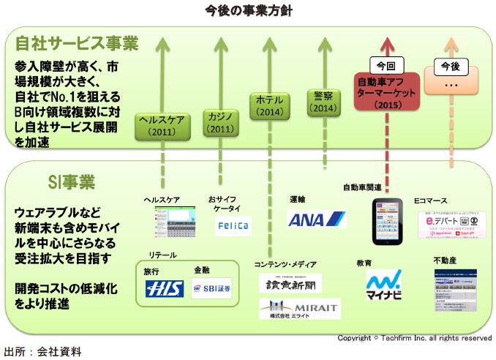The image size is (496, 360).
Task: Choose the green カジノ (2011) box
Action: pyautogui.click(x=219, y=123)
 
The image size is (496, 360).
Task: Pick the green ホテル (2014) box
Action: pyautogui.click(x=269, y=106)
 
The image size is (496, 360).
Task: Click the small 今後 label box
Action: pyautogui.click(x=451, y=66)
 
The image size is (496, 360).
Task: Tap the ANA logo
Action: pyautogui.click(x=316, y=220)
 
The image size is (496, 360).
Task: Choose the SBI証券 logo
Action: pyautogui.click(x=212, y=290)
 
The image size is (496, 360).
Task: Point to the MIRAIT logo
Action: pyautogui.click(x=300, y=310)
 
